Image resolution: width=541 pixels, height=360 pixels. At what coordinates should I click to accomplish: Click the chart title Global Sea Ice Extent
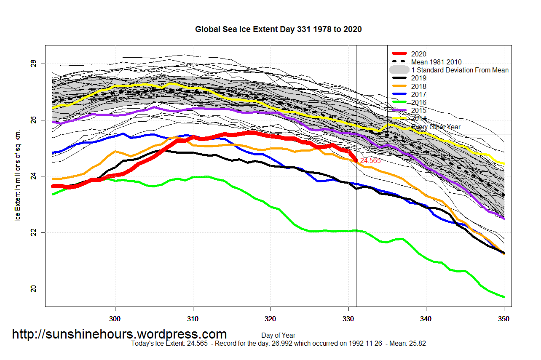point(278,29)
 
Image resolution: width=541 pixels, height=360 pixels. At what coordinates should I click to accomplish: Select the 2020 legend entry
point(418,54)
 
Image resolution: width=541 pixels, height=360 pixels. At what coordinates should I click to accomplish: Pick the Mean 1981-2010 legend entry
point(436,62)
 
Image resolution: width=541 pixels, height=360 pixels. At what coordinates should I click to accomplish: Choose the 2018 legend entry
point(418,86)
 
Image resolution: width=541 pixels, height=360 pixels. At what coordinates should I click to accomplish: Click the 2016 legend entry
point(418,102)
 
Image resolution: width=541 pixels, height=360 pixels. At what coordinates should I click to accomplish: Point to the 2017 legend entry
point(418,94)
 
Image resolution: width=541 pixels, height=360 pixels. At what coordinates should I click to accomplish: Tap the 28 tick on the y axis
point(33,64)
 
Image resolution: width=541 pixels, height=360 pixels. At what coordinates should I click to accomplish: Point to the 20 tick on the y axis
point(33,289)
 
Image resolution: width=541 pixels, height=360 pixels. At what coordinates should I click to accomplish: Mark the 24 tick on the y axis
point(33,177)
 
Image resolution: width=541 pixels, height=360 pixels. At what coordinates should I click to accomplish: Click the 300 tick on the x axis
point(115,319)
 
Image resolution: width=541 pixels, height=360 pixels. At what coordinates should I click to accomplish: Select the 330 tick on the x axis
point(348,319)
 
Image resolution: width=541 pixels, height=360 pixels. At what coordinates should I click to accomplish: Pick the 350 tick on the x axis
point(504,319)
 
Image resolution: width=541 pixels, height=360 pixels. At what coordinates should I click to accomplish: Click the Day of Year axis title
point(278,336)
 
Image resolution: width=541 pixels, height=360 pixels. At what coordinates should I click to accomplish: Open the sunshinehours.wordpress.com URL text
point(119,334)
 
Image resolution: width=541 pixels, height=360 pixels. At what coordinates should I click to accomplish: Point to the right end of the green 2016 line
point(504,297)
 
